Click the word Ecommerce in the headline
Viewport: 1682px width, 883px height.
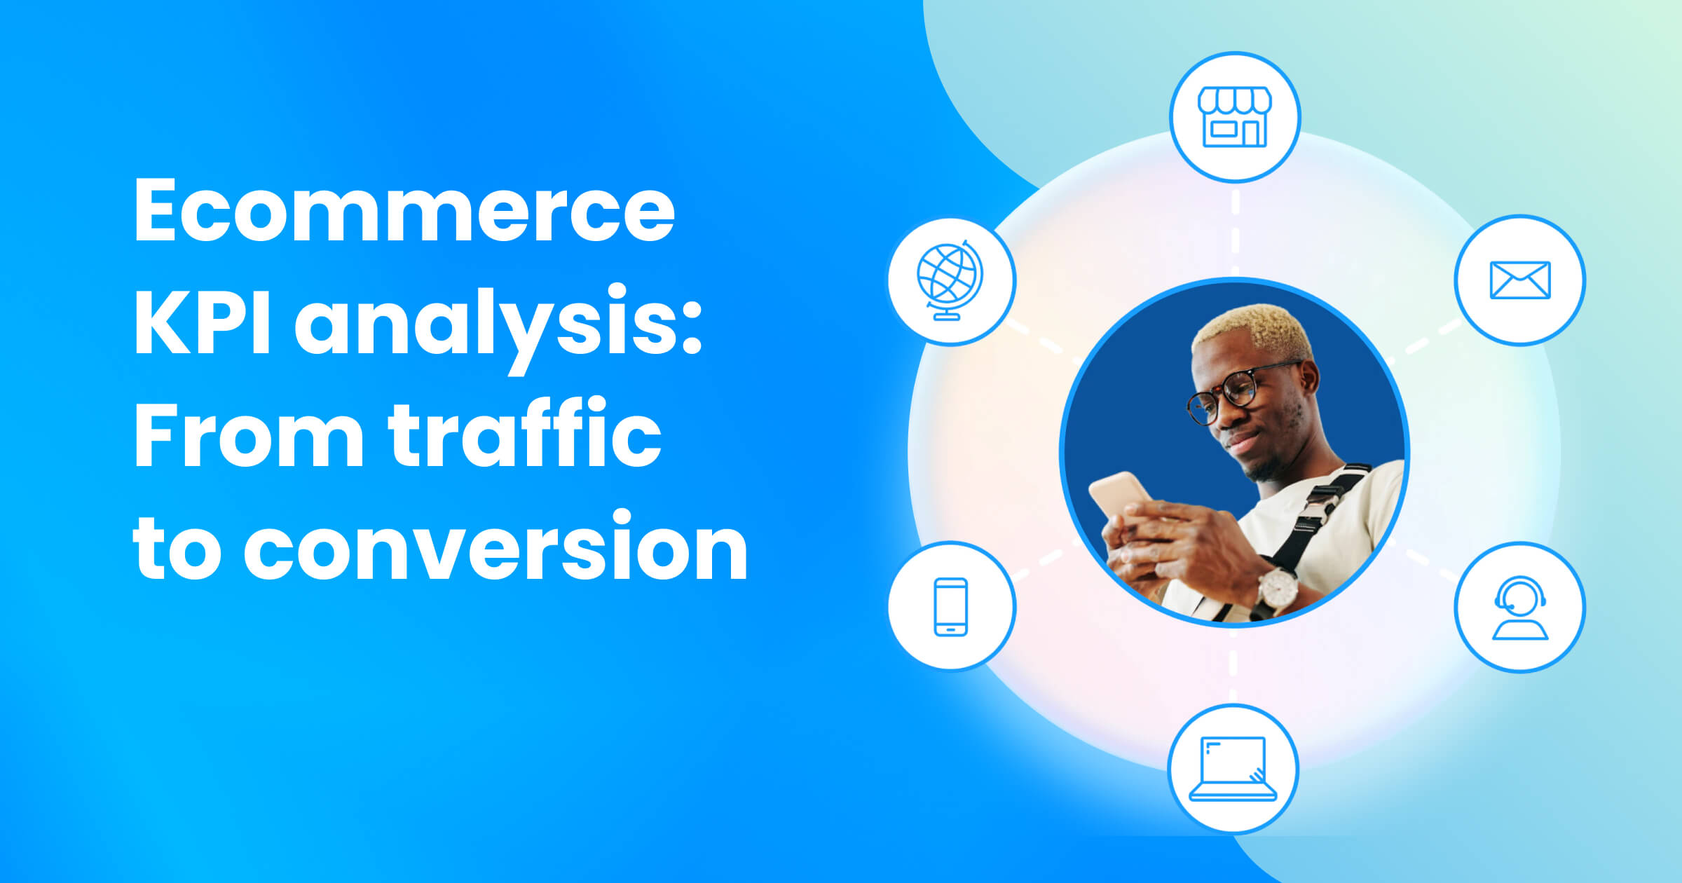(x=404, y=210)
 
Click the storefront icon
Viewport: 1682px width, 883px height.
(x=1234, y=116)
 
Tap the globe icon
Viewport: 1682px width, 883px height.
(x=950, y=280)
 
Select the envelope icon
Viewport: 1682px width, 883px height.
(x=1519, y=280)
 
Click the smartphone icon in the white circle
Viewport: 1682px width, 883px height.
(x=951, y=607)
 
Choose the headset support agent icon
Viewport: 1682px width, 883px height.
(x=1519, y=607)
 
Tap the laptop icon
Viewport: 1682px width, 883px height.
(x=1233, y=769)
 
